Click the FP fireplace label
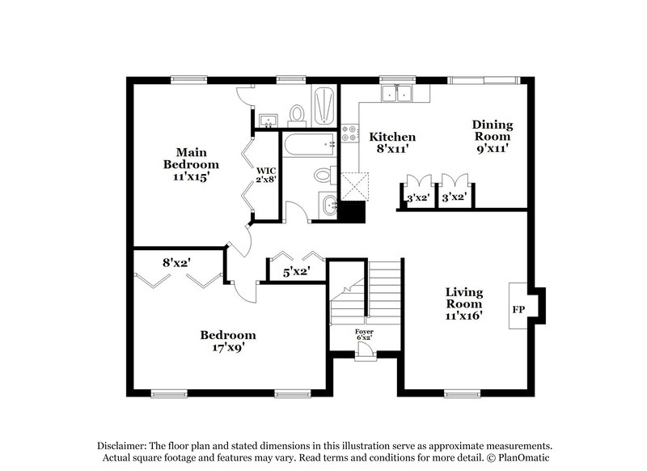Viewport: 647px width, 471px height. pos(518,309)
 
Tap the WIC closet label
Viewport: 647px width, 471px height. pos(266,171)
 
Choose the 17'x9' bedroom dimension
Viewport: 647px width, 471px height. pos(229,349)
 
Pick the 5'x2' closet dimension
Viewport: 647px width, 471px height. pos(295,273)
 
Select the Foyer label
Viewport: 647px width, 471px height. pos(365,332)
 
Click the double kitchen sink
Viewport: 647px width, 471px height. pos(398,95)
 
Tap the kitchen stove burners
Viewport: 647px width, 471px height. pos(350,133)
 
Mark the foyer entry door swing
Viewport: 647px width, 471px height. pos(366,350)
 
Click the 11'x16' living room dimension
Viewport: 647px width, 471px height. pos(464,316)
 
